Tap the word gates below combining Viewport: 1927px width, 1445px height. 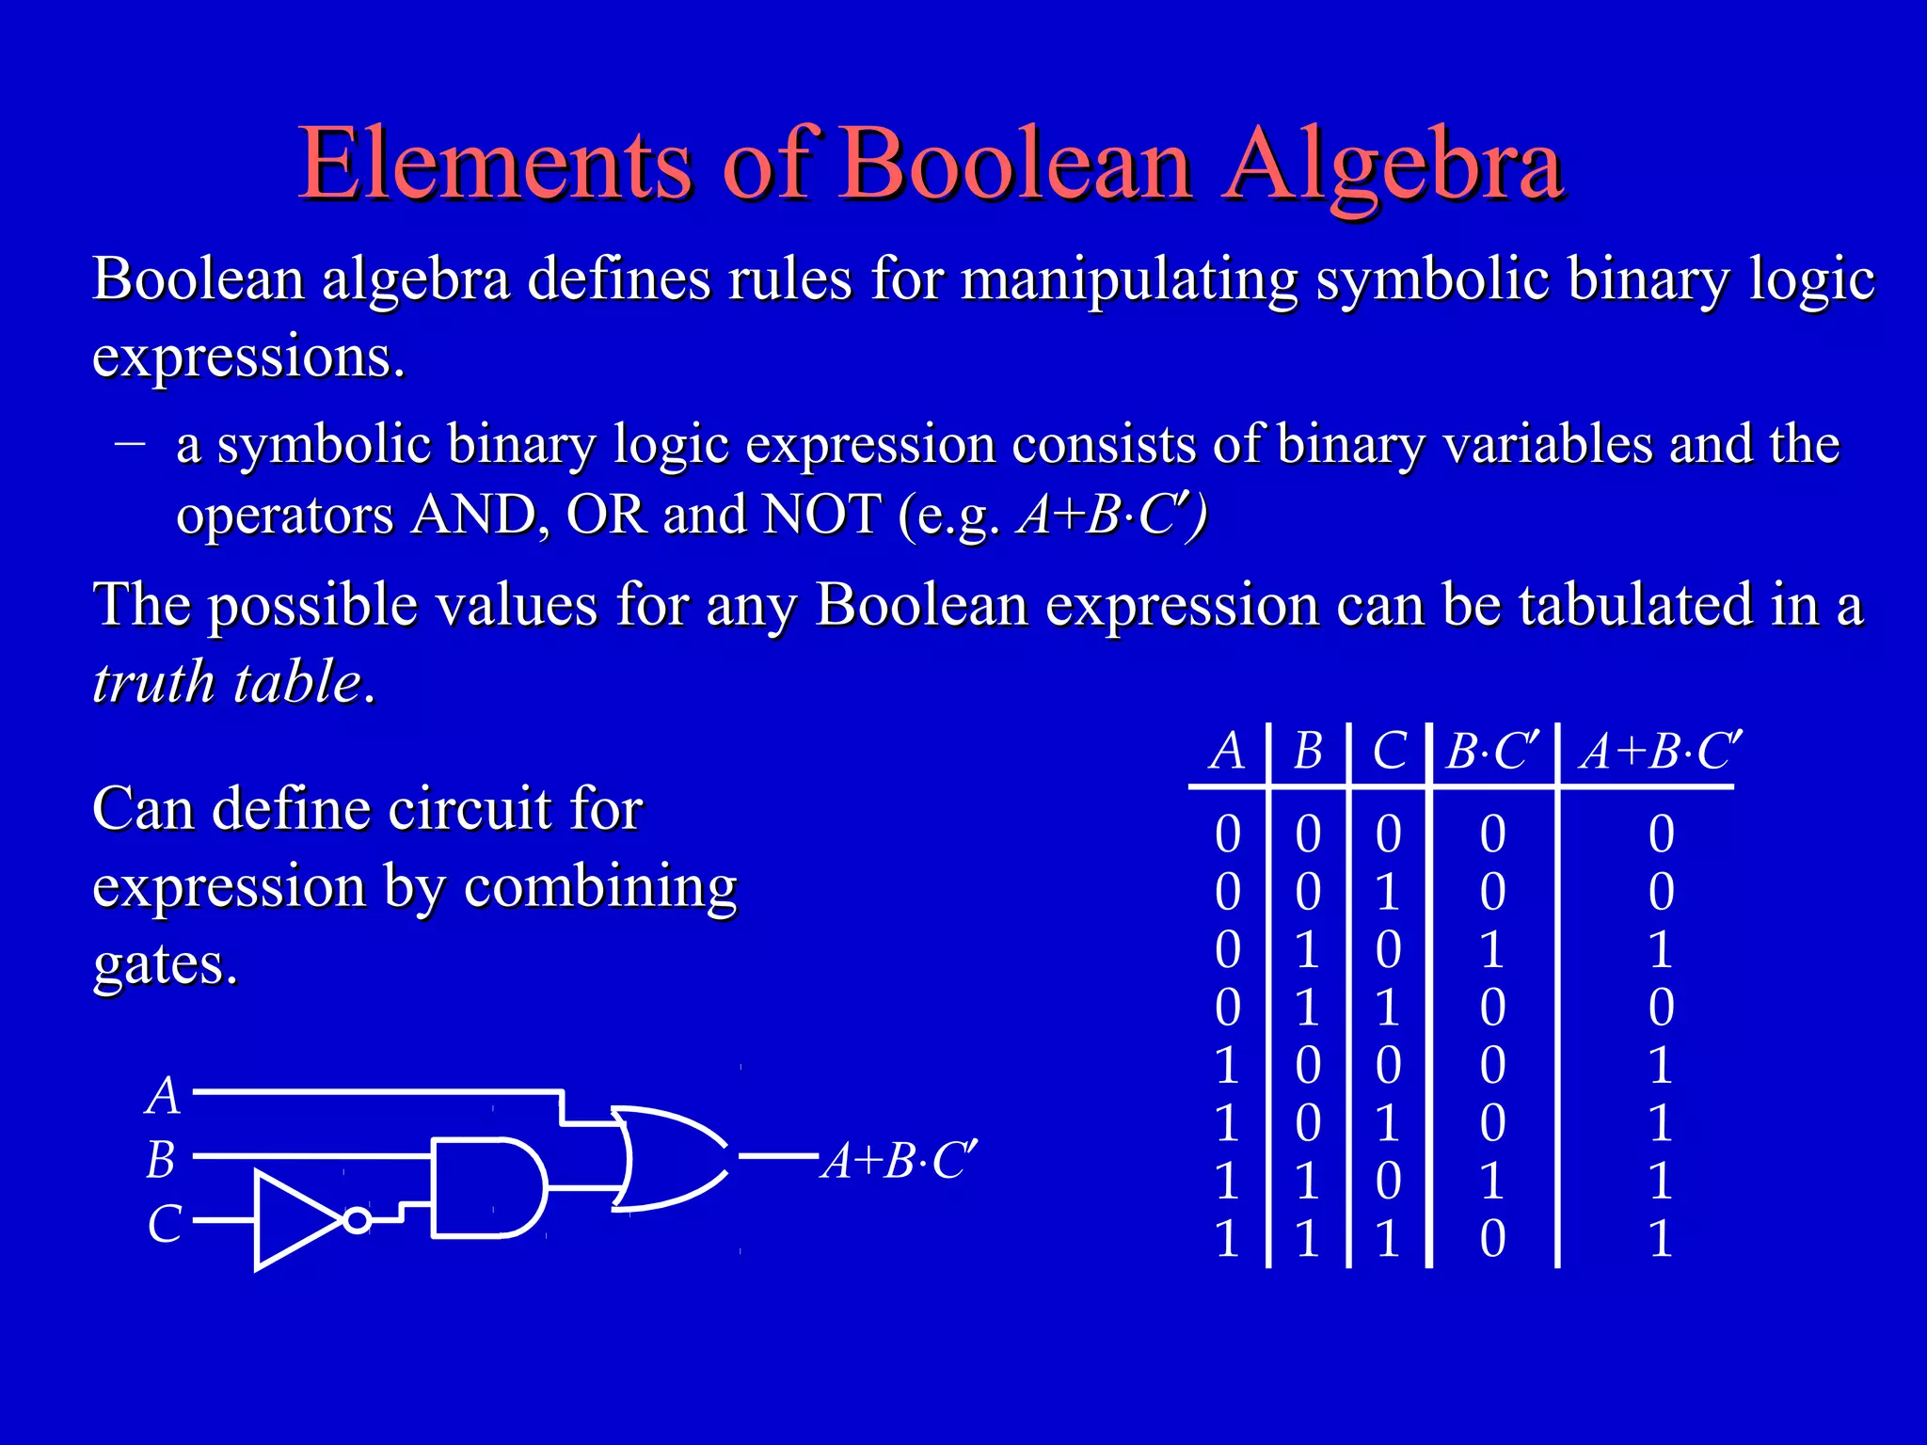click(x=165, y=964)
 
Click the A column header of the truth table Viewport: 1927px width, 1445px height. click(x=1227, y=752)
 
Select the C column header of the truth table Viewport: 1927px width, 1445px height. click(x=1389, y=752)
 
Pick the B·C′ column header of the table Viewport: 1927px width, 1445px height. click(x=1492, y=752)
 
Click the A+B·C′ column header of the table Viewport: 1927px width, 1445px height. click(x=1661, y=752)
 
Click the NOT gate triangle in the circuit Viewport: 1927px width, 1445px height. click(x=294, y=1220)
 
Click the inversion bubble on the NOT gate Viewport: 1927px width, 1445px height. click(x=357, y=1220)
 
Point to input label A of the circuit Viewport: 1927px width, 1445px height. click(x=163, y=1096)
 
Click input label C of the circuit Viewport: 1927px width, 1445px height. click(x=164, y=1224)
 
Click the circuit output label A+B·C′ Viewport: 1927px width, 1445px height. click(x=900, y=1160)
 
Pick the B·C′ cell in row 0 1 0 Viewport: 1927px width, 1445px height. click(x=1492, y=949)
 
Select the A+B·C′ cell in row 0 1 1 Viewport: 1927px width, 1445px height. click(x=1661, y=1008)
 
